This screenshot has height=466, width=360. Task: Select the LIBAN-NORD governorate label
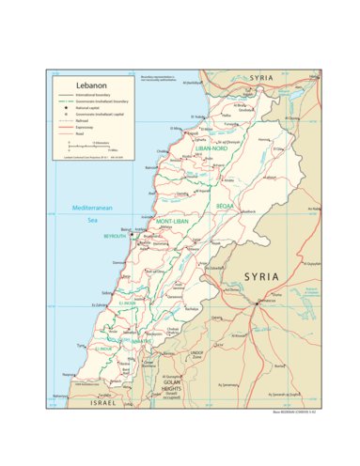click(211, 148)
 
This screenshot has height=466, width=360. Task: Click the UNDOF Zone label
click(196, 355)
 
